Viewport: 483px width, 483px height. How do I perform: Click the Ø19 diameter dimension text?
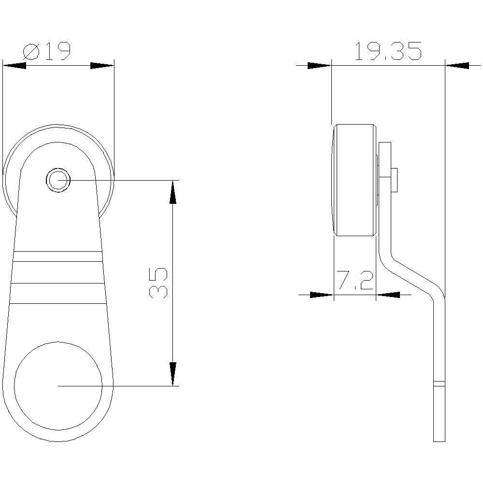[x=47, y=51]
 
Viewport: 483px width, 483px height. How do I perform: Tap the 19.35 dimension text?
[x=388, y=51]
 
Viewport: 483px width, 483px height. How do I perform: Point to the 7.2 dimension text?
[x=355, y=281]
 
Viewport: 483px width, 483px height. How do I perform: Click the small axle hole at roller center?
[x=58, y=180]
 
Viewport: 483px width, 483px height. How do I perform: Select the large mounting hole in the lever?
[x=58, y=385]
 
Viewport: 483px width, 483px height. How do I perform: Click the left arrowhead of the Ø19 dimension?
[x=14, y=65]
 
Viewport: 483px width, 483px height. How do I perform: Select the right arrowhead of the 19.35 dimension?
[x=456, y=65]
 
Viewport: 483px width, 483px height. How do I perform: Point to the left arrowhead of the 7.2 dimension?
[x=322, y=294]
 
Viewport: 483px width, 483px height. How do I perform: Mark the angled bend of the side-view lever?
[x=411, y=275]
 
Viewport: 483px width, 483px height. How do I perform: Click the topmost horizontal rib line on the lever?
[x=58, y=252]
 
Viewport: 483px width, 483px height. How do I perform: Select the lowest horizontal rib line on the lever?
[x=58, y=303]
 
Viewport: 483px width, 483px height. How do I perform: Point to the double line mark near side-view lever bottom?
[x=439, y=384]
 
